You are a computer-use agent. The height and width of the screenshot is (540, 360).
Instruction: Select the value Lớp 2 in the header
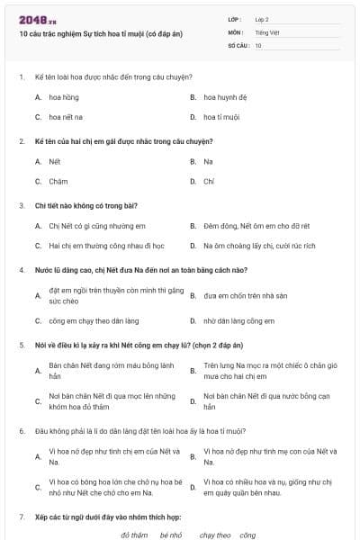[262, 18]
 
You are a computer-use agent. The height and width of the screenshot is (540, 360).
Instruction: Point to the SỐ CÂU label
[238, 45]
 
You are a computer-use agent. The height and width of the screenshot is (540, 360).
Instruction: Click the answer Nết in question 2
[54, 161]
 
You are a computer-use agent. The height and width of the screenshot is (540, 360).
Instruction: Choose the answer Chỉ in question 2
[209, 181]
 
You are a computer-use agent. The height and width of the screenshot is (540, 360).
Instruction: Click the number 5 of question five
[21, 344]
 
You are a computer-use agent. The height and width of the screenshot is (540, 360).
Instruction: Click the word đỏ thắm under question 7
[133, 535]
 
